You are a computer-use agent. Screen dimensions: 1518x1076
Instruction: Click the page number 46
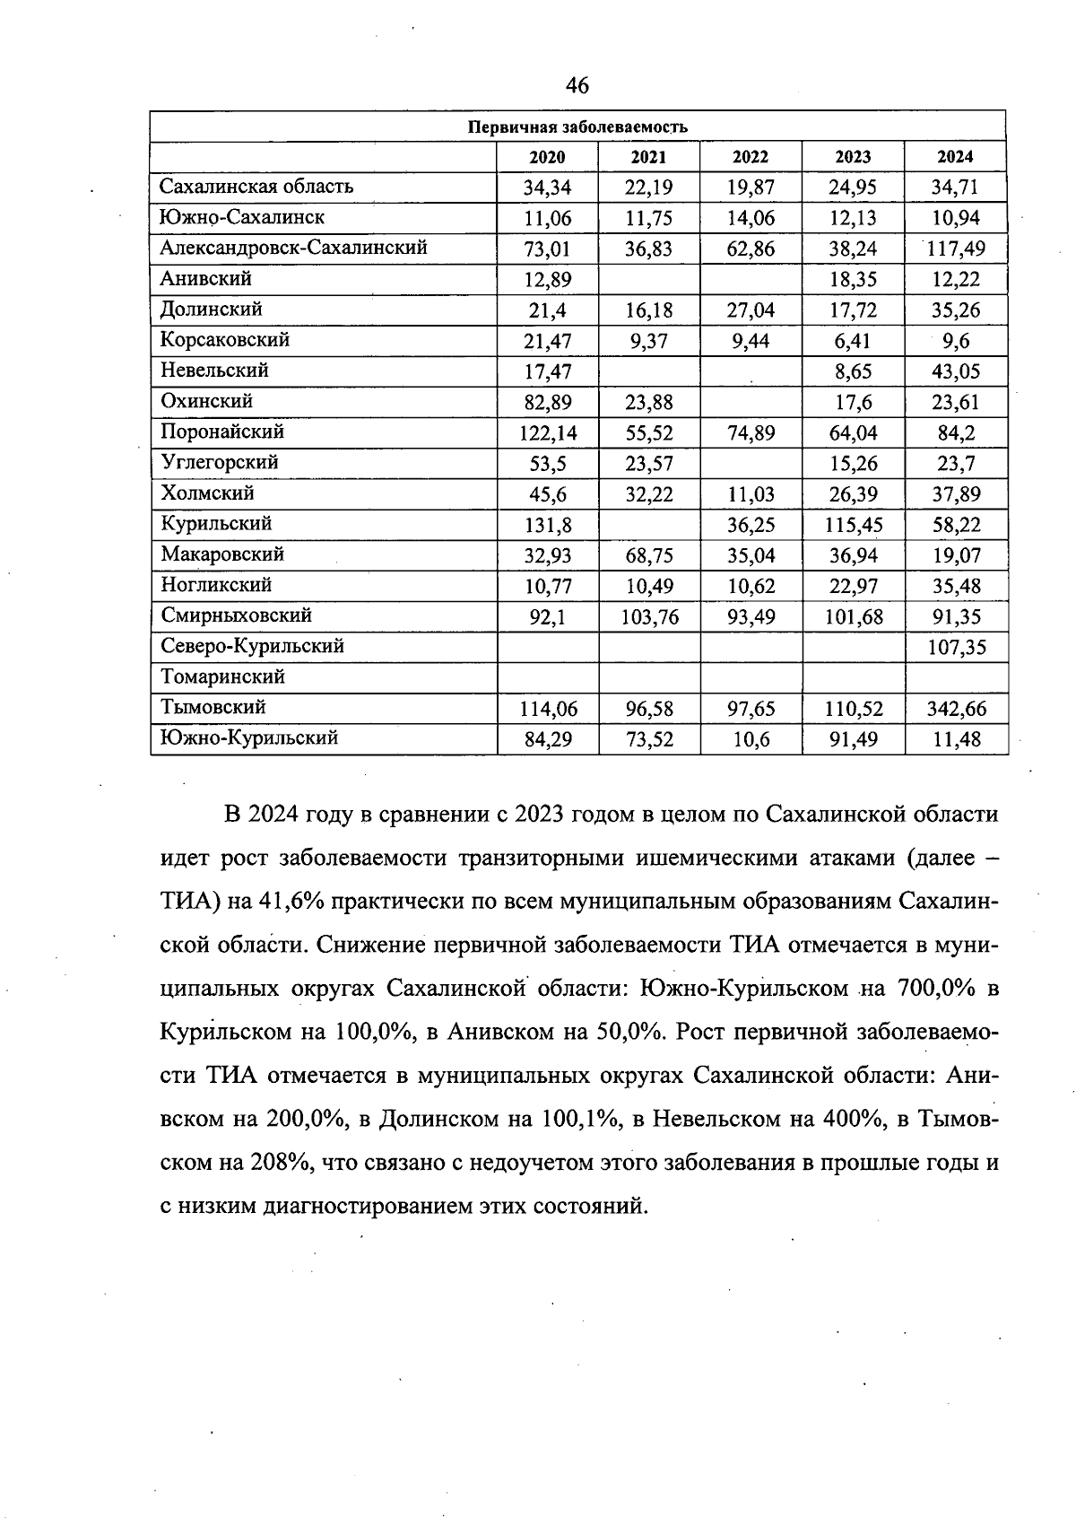tap(577, 85)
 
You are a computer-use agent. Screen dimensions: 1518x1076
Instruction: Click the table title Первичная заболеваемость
tap(577, 126)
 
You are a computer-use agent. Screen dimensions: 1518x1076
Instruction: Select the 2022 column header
tap(751, 157)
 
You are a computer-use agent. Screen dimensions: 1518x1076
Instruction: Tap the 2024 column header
tap(955, 157)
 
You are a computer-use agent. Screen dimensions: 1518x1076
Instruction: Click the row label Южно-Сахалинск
tap(242, 217)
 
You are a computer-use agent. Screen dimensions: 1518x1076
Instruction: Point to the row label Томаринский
tap(222, 676)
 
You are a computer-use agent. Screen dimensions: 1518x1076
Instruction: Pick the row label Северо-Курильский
tap(252, 646)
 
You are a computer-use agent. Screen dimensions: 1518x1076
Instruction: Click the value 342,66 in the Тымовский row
tap(956, 710)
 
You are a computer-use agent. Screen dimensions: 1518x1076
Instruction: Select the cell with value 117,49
tap(956, 249)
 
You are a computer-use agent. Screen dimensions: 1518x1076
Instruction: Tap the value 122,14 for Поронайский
tap(548, 433)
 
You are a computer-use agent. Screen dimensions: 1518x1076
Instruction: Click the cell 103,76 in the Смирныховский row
tap(649, 617)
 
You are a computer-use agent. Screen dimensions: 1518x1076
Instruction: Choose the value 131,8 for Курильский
tap(548, 526)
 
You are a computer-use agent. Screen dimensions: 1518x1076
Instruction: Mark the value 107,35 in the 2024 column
tap(956, 648)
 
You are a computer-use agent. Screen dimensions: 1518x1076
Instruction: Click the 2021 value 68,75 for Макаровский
tap(649, 556)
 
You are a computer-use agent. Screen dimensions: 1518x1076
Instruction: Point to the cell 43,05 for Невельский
tap(956, 371)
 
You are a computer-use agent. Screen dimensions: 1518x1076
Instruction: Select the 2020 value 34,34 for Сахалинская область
tap(548, 188)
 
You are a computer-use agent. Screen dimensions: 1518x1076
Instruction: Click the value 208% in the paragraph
tap(273, 1164)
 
